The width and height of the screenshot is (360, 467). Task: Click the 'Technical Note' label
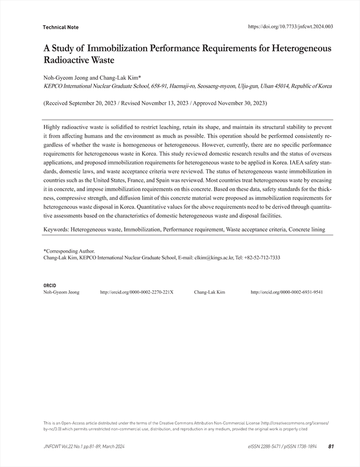(61, 28)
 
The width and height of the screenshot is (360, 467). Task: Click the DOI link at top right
(290, 26)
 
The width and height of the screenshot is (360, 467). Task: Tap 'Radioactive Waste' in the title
(79, 61)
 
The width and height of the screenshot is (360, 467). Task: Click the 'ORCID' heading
(50, 285)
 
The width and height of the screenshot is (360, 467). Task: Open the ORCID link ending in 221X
(136, 292)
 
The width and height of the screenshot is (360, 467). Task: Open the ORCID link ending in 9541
(287, 292)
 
